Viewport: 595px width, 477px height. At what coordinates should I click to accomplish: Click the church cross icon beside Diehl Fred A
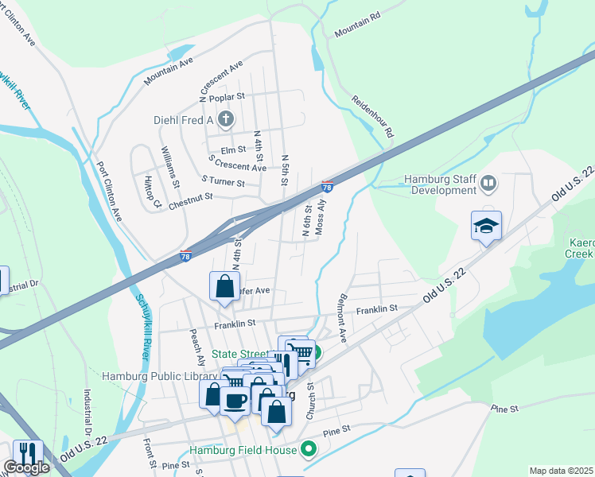coord(227,121)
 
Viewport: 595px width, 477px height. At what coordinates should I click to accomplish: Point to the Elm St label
coord(233,149)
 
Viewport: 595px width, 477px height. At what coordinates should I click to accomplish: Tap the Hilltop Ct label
coord(152,193)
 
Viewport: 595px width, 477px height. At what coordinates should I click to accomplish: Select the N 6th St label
coord(306,220)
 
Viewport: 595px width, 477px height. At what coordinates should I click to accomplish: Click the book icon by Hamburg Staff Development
coord(489,184)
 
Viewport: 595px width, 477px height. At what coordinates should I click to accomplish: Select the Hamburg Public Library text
coord(159,375)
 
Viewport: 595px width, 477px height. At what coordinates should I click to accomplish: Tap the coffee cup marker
coord(235,400)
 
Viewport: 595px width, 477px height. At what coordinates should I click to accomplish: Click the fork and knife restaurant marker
coord(28,453)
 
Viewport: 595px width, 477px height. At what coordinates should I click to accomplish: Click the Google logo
coord(26,467)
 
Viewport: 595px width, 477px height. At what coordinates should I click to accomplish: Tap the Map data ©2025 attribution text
coord(561,471)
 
